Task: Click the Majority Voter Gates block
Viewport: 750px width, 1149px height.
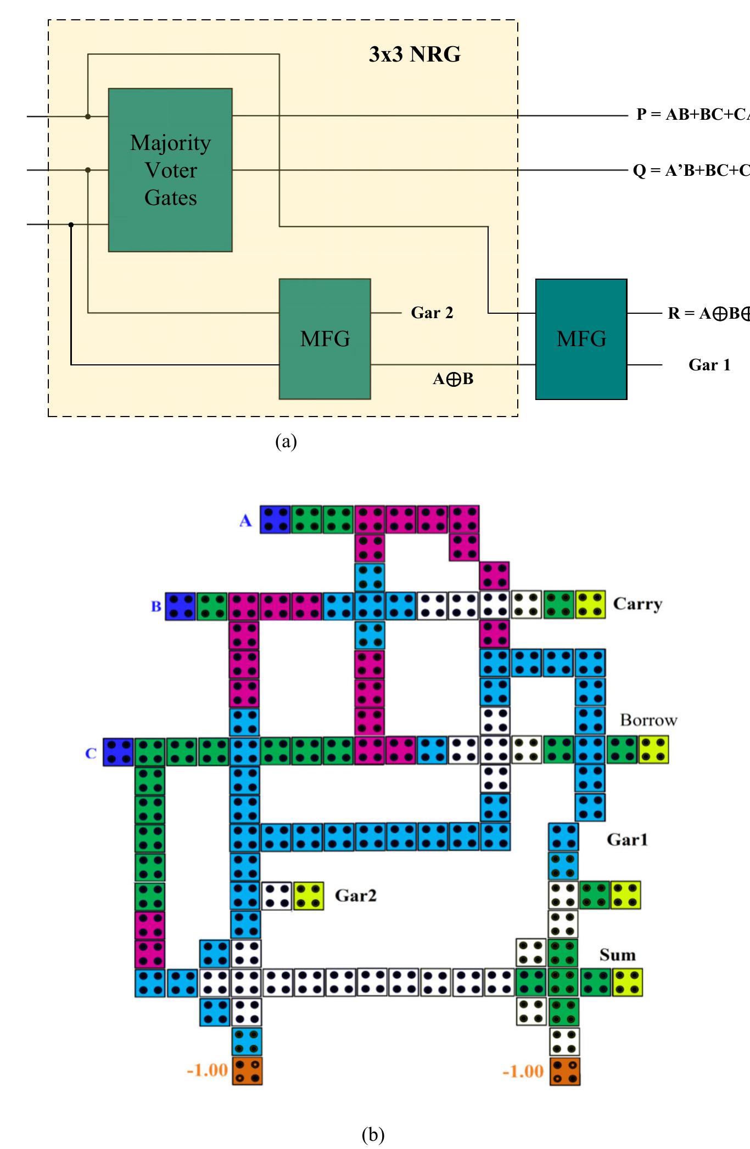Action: point(170,170)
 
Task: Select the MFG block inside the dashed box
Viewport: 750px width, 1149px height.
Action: point(324,338)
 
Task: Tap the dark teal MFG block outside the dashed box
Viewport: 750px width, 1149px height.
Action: point(581,338)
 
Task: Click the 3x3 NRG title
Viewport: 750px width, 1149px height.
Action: point(415,54)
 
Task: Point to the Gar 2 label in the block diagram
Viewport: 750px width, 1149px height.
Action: point(432,313)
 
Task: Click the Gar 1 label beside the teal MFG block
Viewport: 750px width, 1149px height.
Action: point(709,365)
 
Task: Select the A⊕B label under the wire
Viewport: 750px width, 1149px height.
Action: point(453,379)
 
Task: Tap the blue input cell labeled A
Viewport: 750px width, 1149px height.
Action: point(275,520)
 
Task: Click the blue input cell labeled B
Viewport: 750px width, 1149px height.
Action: point(180,606)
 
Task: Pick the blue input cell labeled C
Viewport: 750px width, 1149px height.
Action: point(118,752)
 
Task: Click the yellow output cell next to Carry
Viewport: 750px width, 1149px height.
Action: point(590,605)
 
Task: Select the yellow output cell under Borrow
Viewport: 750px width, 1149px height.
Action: point(653,751)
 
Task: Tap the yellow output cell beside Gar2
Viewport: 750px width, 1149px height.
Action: point(309,896)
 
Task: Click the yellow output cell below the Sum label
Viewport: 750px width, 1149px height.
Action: point(627,983)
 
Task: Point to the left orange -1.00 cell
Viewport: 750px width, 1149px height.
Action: point(247,1070)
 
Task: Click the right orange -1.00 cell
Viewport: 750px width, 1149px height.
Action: point(564,1072)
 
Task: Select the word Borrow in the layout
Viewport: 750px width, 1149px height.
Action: point(648,720)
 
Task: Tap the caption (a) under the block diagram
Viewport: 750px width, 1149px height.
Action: point(286,441)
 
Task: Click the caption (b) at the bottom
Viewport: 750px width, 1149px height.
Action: point(373,1134)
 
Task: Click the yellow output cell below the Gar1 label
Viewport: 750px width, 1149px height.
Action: point(625,895)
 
